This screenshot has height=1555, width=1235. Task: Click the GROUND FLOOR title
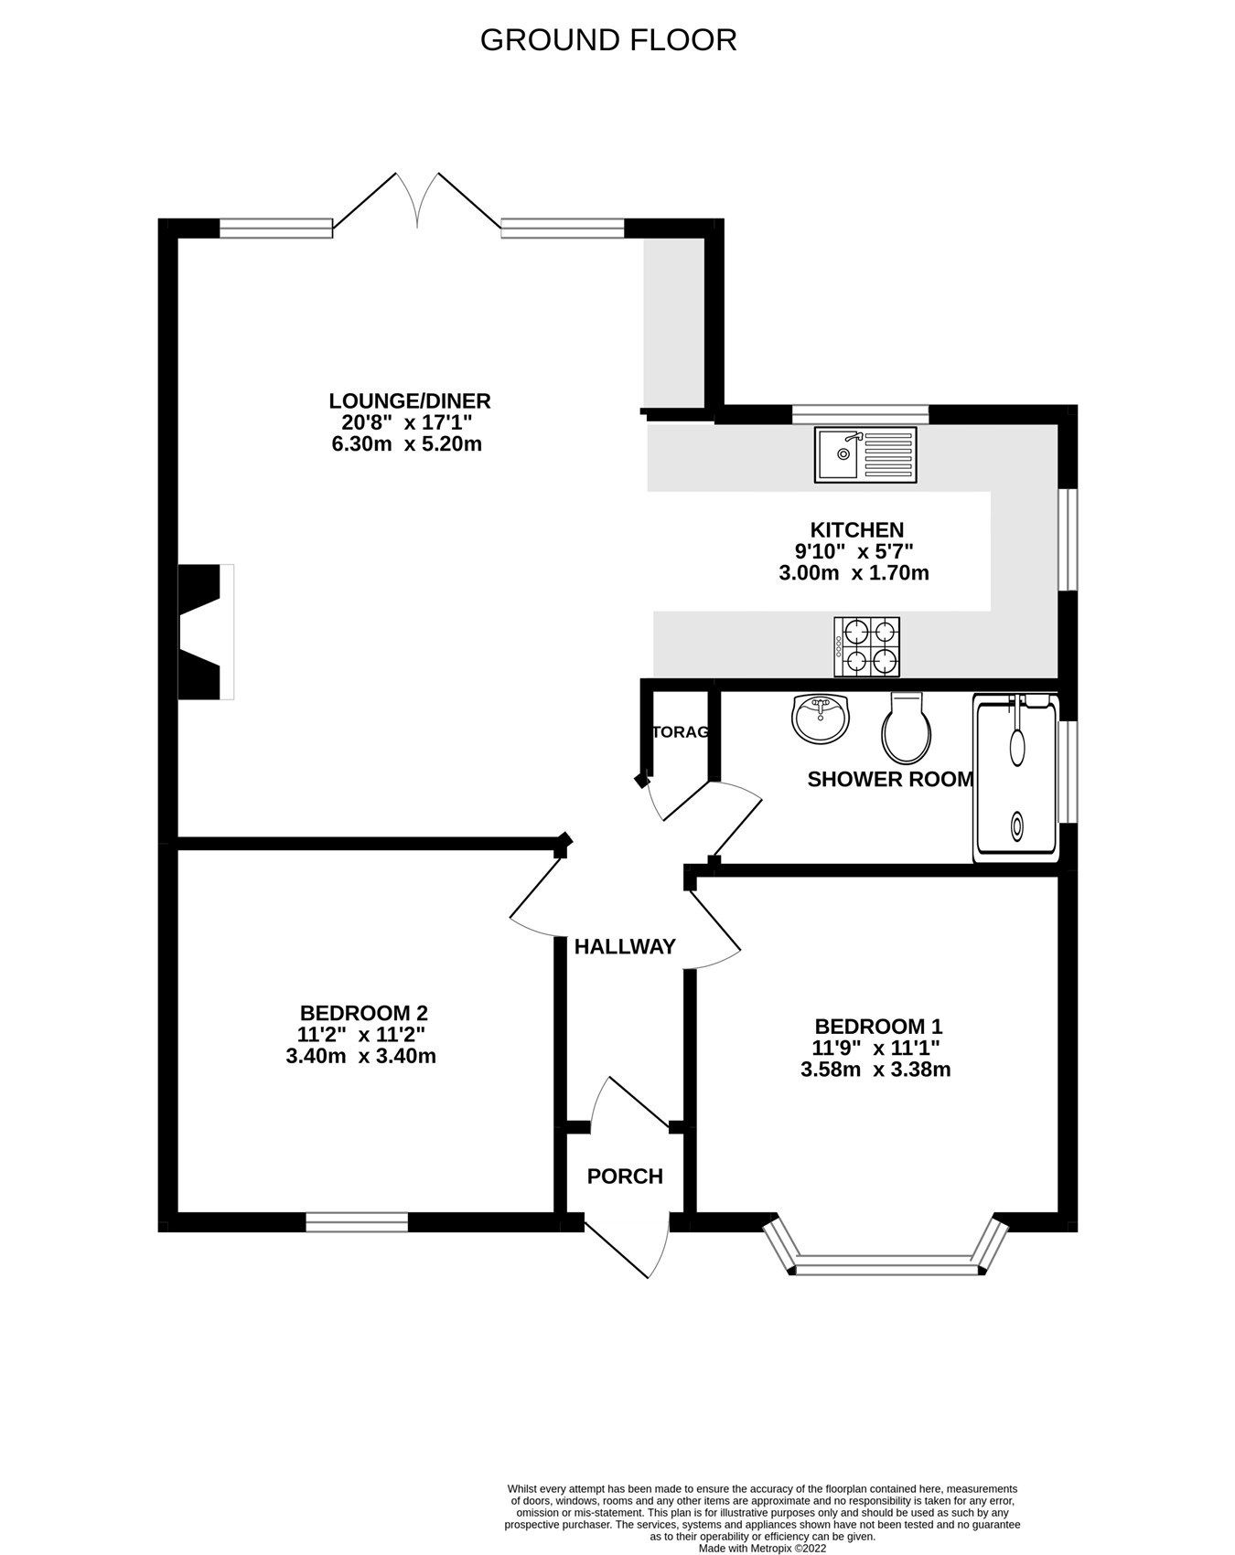607,40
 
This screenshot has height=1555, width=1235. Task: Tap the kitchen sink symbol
864,454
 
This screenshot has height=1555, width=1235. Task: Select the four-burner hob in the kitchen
866,646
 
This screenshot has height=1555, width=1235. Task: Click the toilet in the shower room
906,729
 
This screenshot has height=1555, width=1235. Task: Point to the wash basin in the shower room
821,719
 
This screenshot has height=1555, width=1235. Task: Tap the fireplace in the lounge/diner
204,633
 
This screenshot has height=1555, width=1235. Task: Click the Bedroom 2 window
357,1222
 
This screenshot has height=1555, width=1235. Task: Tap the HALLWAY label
625,947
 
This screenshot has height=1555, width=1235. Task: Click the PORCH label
625,1177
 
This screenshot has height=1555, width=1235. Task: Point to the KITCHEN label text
856,530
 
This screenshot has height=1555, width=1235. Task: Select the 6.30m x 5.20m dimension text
406,444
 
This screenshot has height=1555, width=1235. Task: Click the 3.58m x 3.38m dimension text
875,1070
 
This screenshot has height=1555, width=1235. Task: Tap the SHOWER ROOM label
889,779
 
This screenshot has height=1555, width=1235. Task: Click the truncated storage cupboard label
681,732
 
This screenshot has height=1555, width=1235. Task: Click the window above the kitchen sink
860,414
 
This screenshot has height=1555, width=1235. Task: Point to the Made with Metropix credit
762,1549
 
